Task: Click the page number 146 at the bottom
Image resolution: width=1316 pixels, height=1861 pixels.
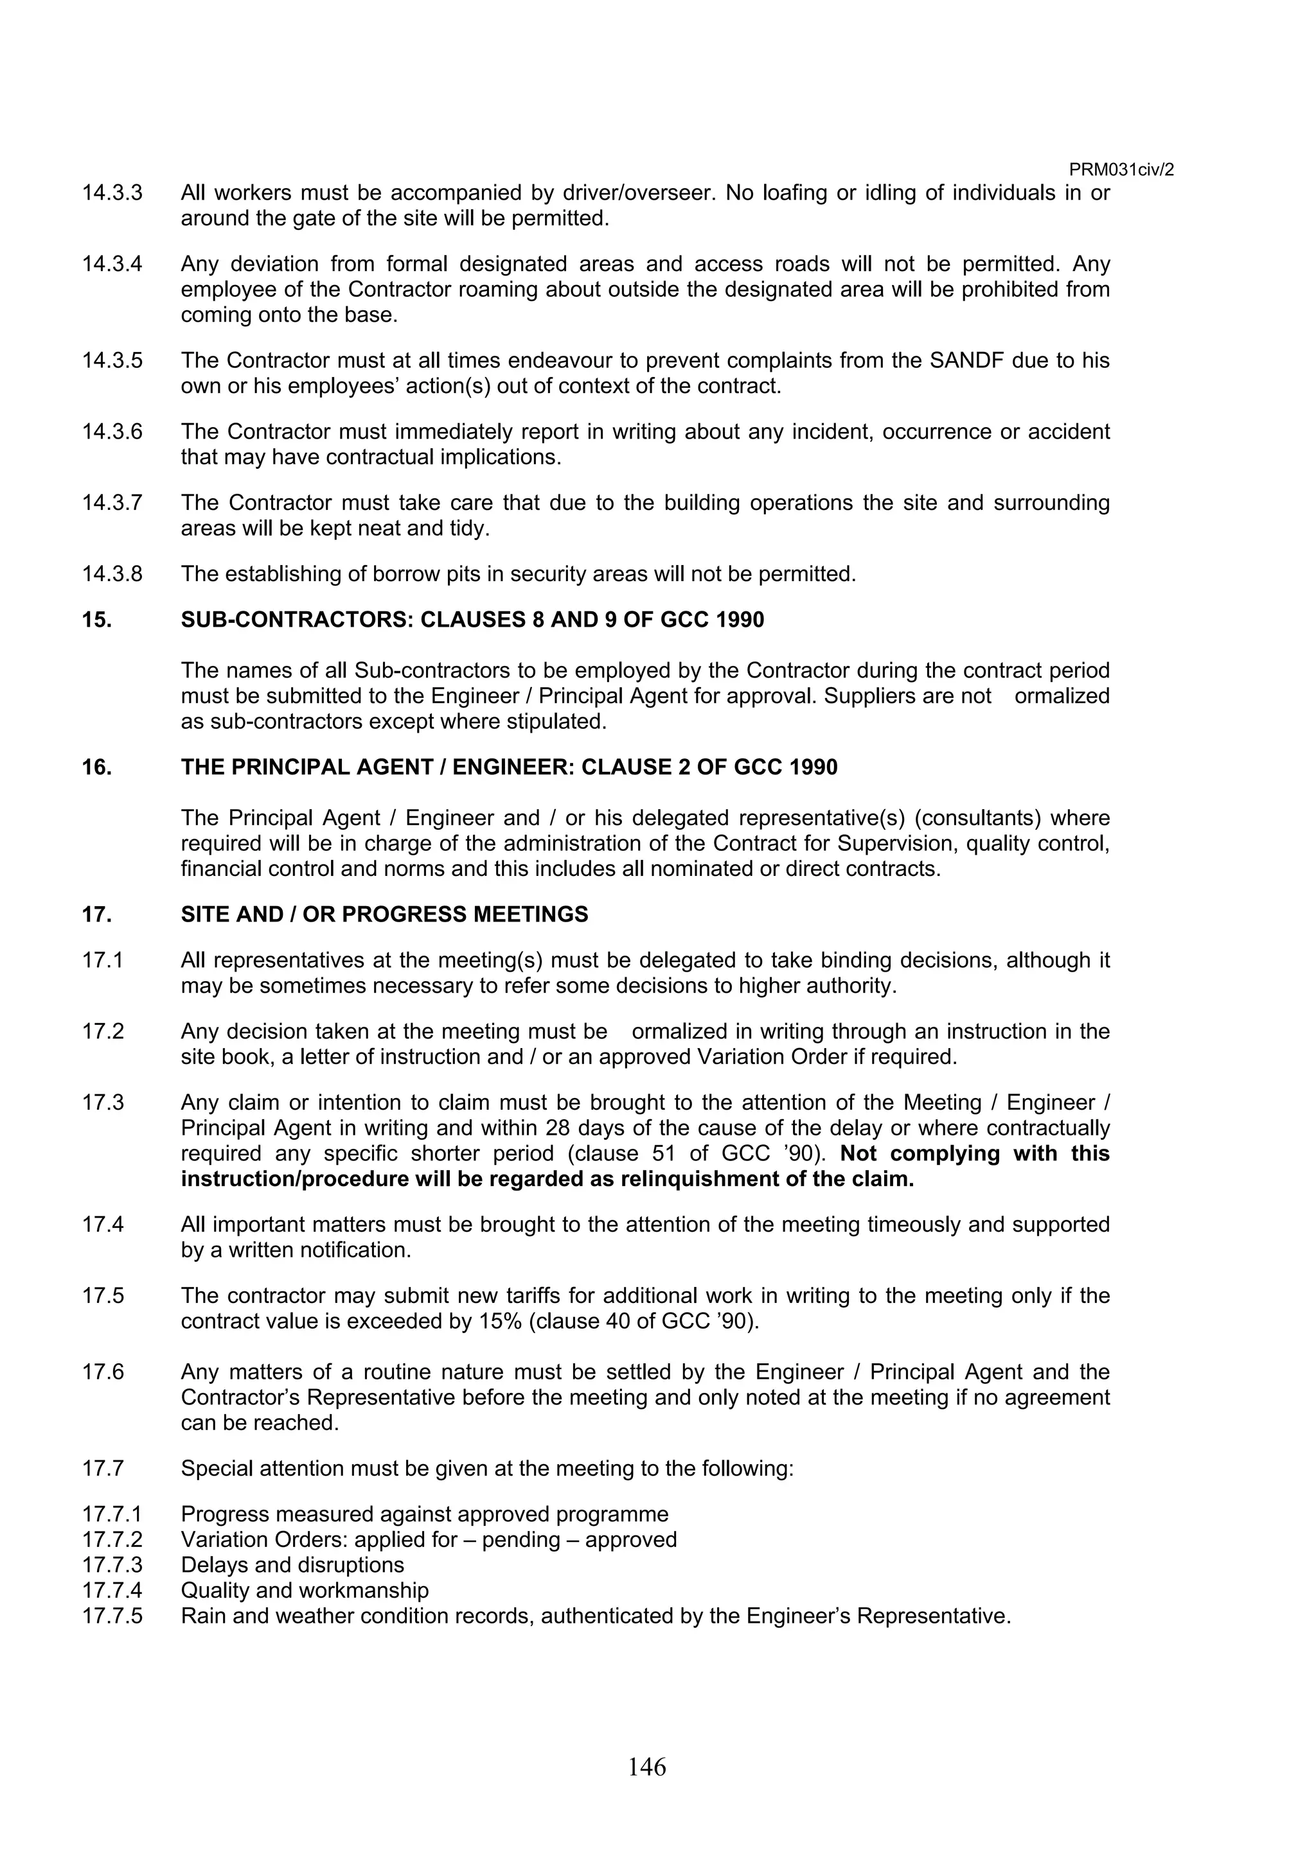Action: click(646, 1765)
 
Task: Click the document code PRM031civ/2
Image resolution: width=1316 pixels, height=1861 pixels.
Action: click(1121, 170)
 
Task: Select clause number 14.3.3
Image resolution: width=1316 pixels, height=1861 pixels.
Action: click(112, 193)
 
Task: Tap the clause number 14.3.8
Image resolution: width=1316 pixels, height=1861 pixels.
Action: click(112, 574)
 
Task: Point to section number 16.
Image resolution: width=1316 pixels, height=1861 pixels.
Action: click(96, 767)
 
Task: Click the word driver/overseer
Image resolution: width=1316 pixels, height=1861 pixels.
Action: click(635, 193)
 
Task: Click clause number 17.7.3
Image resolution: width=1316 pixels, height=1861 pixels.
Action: click(112, 1564)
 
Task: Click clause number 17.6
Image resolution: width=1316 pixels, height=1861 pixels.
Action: click(103, 1372)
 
